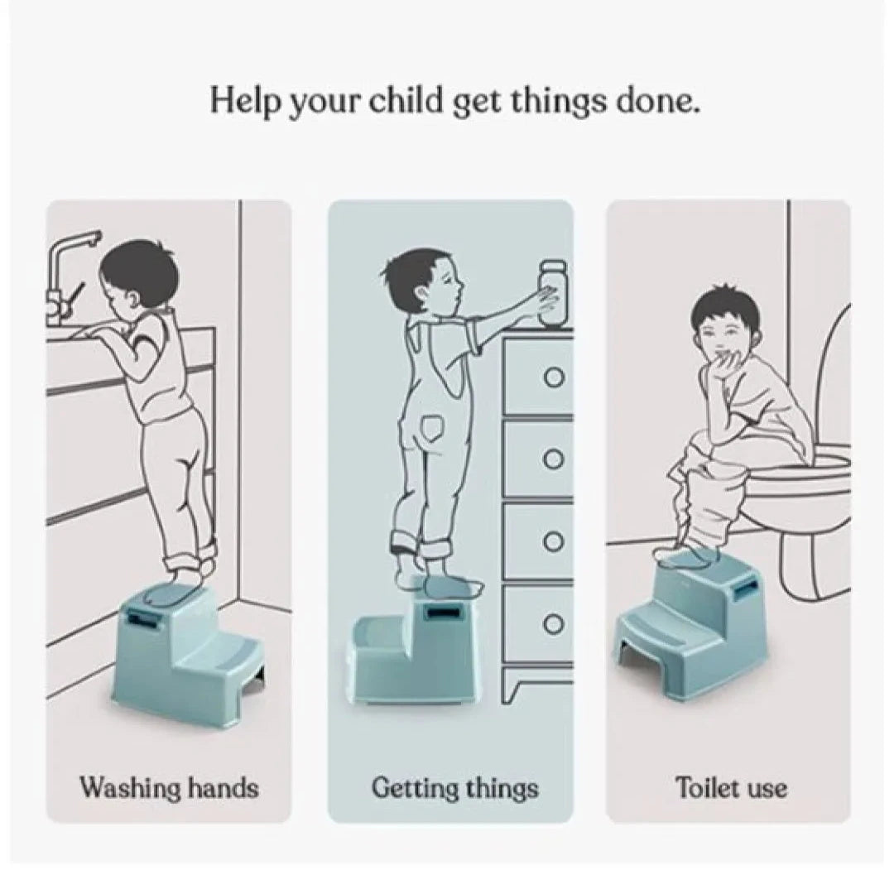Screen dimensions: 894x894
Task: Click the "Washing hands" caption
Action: tap(169, 788)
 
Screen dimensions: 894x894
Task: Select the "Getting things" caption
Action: tap(454, 789)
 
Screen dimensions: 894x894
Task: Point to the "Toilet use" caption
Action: tap(731, 788)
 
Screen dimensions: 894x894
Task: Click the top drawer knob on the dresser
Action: tap(554, 377)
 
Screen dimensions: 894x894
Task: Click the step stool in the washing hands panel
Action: tap(186, 653)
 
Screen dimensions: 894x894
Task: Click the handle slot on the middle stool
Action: tap(445, 613)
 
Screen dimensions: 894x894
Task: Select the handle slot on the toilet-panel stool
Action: tap(747, 589)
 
